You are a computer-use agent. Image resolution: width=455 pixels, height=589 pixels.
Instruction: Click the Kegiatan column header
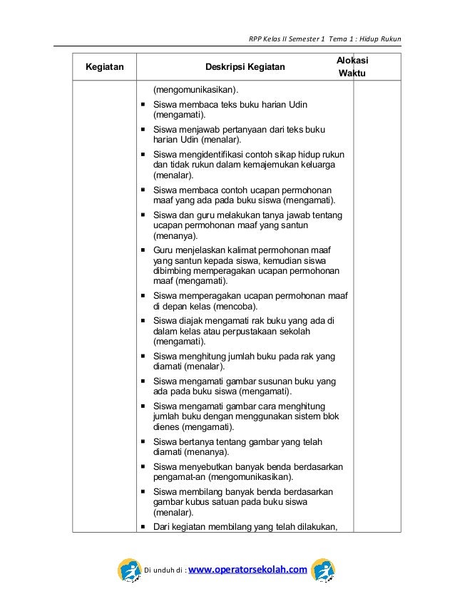coord(104,68)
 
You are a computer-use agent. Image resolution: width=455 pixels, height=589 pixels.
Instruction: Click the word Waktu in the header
coord(352,74)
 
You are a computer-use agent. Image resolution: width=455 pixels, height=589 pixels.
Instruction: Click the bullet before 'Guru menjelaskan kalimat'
coord(145,250)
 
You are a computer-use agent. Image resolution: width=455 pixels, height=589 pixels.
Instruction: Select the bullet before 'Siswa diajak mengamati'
coord(145,320)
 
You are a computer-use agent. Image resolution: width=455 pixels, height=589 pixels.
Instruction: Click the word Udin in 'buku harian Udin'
coord(298,105)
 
